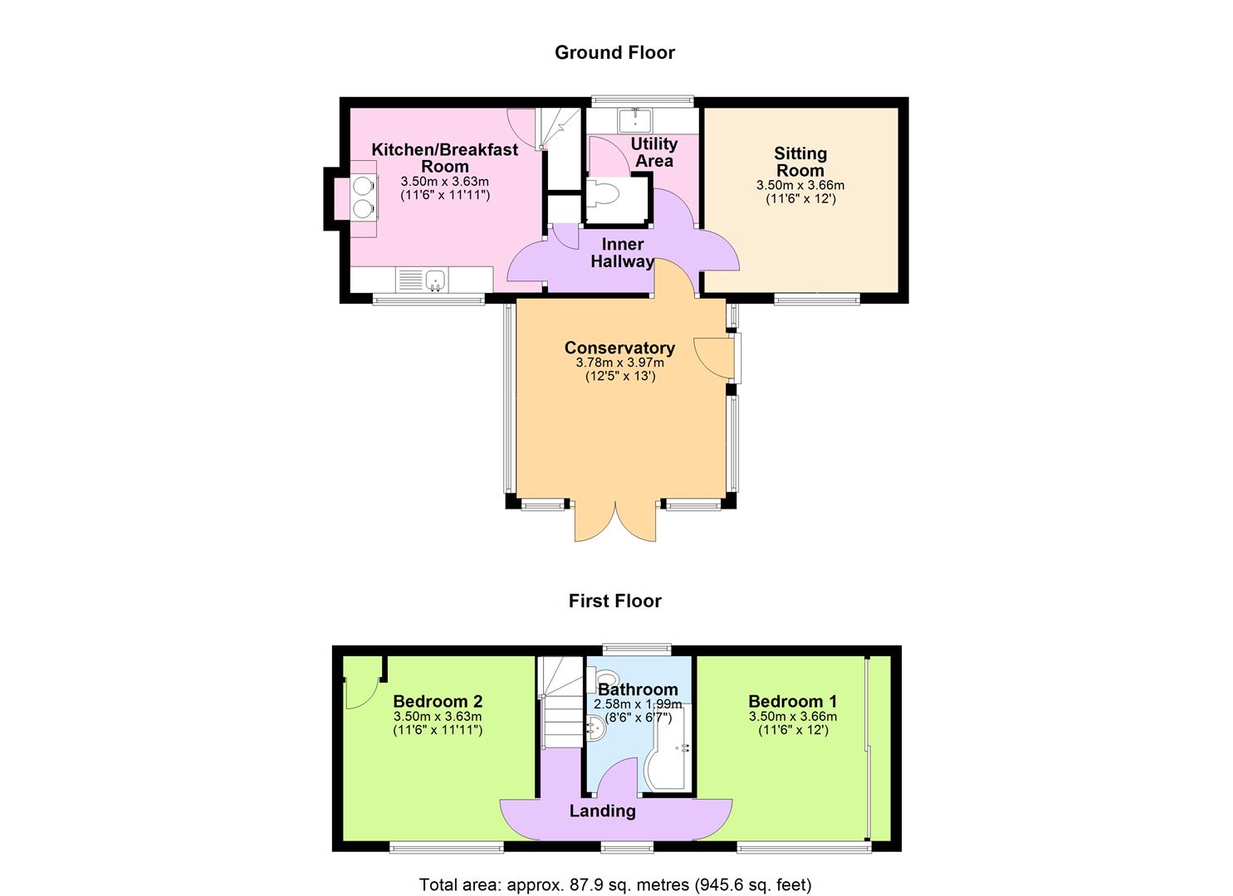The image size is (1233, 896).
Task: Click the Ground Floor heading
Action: [x=614, y=52]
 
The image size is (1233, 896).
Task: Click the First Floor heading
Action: [x=614, y=601]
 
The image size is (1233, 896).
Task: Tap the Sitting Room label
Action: [x=800, y=162]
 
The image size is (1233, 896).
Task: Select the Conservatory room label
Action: [x=619, y=348]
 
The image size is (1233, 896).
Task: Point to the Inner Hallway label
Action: [x=622, y=253]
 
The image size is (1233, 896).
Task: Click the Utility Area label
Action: [x=654, y=153]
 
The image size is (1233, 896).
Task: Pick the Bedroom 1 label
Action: [x=792, y=701]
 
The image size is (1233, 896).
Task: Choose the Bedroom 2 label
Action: [x=438, y=701]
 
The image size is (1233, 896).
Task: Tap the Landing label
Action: [x=602, y=811]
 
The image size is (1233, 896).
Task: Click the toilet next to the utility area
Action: [x=603, y=196]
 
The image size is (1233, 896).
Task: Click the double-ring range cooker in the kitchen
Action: [x=363, y=197]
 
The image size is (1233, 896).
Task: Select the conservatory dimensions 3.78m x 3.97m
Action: [x=619, y=363]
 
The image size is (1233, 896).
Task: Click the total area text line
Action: [x=615, y=884]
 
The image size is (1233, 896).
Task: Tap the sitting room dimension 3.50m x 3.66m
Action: [x=800, y=185]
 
